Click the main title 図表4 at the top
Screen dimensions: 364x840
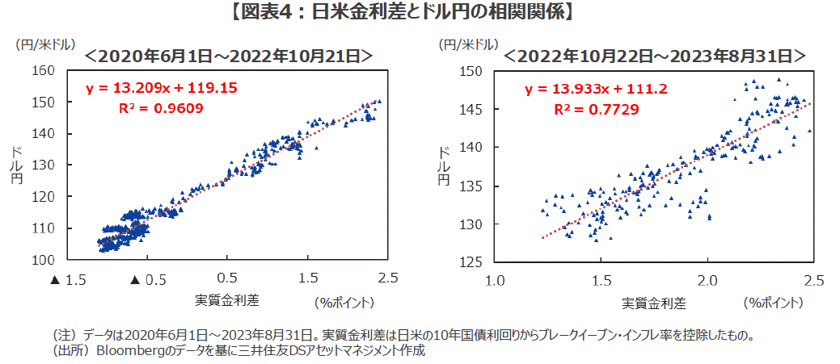[420, 11]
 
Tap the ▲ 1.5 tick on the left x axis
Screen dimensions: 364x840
[69, 278]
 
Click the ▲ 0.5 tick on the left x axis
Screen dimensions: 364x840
[148, 278]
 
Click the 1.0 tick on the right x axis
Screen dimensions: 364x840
[494, 280]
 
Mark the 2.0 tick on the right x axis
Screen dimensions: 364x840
[708, 280]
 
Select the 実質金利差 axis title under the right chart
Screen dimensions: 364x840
[653, 303]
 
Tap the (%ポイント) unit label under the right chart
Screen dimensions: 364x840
[774, 303]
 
